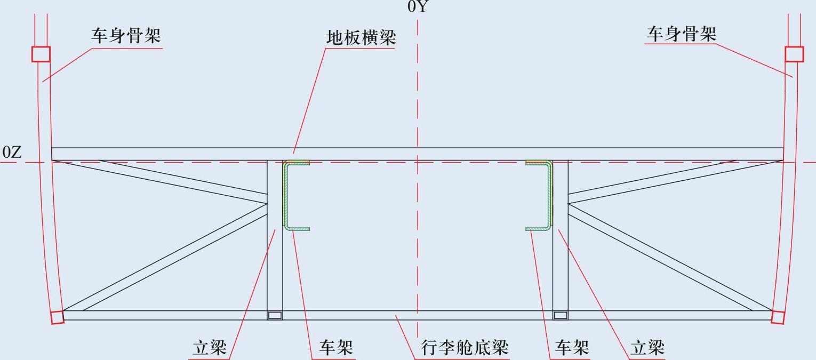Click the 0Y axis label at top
pos(418,6)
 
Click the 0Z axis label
pos(12,153)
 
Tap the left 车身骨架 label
pos(126,36)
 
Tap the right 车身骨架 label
pos(682,34)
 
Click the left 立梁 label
pos(210,348)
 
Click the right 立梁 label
pos(647,348)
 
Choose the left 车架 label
pos(336,348)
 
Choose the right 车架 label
pos(572,348)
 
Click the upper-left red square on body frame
pos(41,54)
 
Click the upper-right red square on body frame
pos(794,54)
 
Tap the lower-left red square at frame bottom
pos(57,317)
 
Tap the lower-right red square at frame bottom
pos(778,317)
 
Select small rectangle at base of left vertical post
pos(275,315)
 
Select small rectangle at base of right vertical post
pos(560,315)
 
